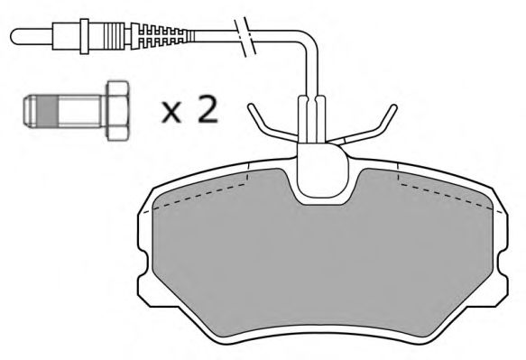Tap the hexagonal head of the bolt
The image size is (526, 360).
point(117,110)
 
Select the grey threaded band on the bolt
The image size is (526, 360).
point(49,111)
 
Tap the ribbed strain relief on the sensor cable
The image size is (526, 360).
point(161,36)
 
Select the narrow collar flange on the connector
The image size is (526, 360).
point(84,36)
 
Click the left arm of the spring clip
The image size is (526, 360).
point(271,125)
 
